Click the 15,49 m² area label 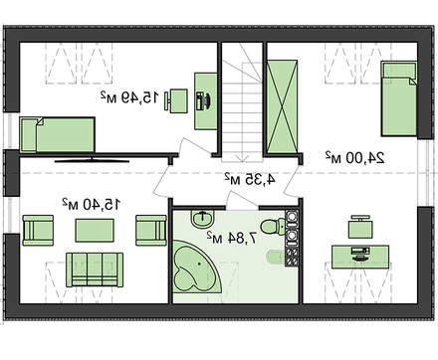[129, 96]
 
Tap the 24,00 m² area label [354, 157]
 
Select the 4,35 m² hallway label [249, 179]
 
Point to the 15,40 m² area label [91, 204]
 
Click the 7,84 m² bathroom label [232, 238]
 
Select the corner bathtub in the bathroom [197, 267]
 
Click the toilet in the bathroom [273, 227]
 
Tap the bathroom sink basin [203, 219]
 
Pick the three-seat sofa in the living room [95, 270]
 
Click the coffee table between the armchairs [95, 231]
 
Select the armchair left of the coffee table [38, 231]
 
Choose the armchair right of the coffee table [151, 231]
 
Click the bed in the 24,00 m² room [399, 98]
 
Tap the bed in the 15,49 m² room [57, 134]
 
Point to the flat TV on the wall [92, 161]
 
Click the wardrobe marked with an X [282, 106]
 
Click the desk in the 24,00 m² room [360, 257]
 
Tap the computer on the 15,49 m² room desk [203, 101]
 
